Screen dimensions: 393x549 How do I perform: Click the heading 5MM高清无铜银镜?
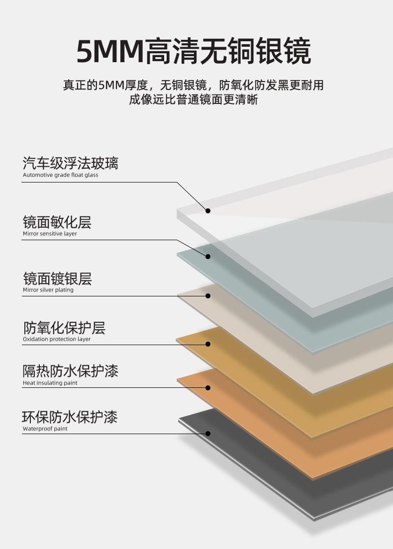[x=194, y=52]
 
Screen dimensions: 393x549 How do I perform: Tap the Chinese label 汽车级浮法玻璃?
[x=70, y=163]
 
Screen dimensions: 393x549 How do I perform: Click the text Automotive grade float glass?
[x=60, y=175]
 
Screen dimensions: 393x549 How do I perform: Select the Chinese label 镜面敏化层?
[x=57, y=222]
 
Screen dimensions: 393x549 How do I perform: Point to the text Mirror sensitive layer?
[x=50, y=234]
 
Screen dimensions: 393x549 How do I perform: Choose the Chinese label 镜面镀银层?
[x=57, y=278]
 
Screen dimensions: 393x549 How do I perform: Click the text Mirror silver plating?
[x=48, y=290]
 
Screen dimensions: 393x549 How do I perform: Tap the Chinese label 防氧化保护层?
[x=64, y=328]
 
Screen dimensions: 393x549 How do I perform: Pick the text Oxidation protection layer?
[x=57, y=339]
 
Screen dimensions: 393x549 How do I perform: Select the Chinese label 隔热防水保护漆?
[x=70, y=371]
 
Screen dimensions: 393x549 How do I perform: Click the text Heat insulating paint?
[x=50, y=383]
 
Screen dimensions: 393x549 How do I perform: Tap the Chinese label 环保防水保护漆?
[x=70, y=417]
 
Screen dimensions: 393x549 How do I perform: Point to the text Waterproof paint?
[x=45, y=429]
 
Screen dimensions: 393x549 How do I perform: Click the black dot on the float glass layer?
[x=208, y=211]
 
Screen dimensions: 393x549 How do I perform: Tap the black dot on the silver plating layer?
[x=208, y=296]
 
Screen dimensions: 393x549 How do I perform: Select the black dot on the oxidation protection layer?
[x=208, y=344]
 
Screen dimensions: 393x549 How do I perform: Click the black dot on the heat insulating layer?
[x=208, y=387]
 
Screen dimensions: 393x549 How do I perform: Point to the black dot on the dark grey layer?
[x=208, y=434]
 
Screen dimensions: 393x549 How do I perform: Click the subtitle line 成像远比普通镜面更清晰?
[x=194, y=99]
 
